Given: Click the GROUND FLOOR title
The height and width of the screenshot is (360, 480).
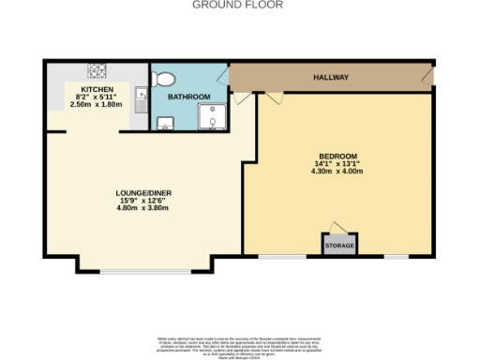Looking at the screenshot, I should [x=237, y=5].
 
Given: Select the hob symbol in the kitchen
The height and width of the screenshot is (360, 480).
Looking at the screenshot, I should [x=96, y=69].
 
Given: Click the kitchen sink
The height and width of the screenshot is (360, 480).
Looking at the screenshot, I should [x=139, y=97].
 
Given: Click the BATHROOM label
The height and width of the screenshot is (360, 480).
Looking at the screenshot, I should [x=188, y=97].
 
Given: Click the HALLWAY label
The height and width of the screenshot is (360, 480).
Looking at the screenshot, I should [x=330, y=79].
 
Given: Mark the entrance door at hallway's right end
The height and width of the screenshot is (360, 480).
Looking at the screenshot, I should [x=429, y=72].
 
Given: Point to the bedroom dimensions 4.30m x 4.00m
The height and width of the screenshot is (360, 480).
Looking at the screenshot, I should [x=338, y=172].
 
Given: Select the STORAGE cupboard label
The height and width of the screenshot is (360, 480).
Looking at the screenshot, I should [x=339, y=246].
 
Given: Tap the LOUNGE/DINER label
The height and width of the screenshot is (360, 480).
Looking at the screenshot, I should [x=143, y=193].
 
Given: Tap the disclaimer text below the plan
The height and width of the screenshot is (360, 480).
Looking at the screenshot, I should [x=239, y=343].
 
